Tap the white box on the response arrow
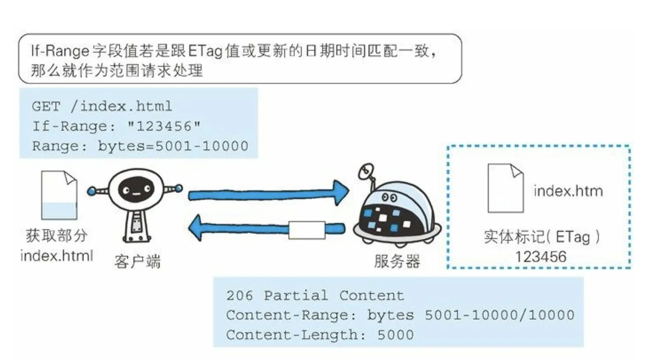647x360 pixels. (x=307, y=230)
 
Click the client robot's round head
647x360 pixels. (x=136, y=190)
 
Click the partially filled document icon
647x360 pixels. (x=59, y=195)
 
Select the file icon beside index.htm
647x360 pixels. (x=505, y=188)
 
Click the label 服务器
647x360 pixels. (x=397, y=261)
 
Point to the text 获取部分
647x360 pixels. (x=57, y=236)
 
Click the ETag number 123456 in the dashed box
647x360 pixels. (x=540, y=257)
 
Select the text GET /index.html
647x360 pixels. (x=102, y=107)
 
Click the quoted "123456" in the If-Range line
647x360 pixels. (x=164, y=126)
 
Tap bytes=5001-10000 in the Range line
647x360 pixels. (x=173, y=146)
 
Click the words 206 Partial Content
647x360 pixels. (x=315, y=296)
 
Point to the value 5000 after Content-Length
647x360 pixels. (x=395, y=335)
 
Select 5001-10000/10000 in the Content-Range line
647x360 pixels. (x=499, y=315)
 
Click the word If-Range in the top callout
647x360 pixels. (x=60, y=51)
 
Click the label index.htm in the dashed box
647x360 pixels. (x=568, y=191)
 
